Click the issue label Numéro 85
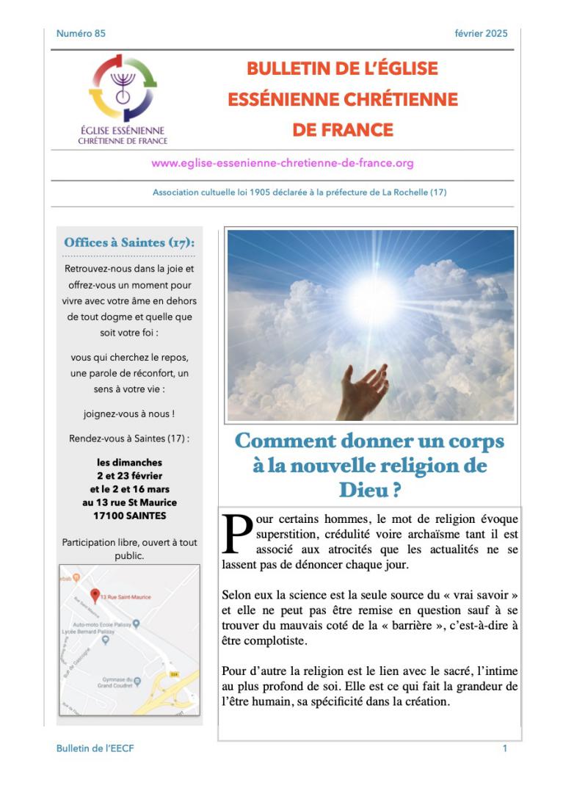pyautogui.click(x=81, y=33)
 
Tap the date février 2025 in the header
pyautogui.click(x=482, y=33)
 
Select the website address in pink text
pyautogui.click(x=283, y=163)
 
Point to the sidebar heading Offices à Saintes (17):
pyautogui.click(x=129, y=242)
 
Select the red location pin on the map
pyautogui.click(x=94, y=596)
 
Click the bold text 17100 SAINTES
pyautogui.click(x=129, y=516)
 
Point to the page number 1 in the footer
pyautogui.click(x=505, y=748)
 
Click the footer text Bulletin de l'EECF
pyautogui.click(x=95, y=748)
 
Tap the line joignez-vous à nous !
pyautogui.click(x=129, y=413)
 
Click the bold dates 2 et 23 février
pyautogui.click(x=129, y=476)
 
